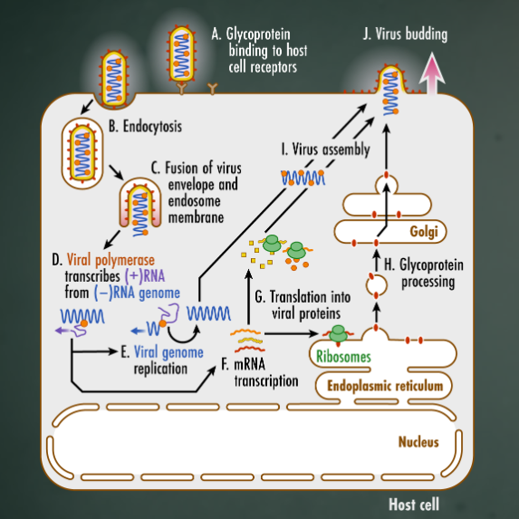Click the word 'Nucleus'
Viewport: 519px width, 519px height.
[x=418, y=442]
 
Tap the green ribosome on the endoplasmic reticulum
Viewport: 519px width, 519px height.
[x=338, y=334]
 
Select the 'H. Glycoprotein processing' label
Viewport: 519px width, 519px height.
[x=424, y=273]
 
